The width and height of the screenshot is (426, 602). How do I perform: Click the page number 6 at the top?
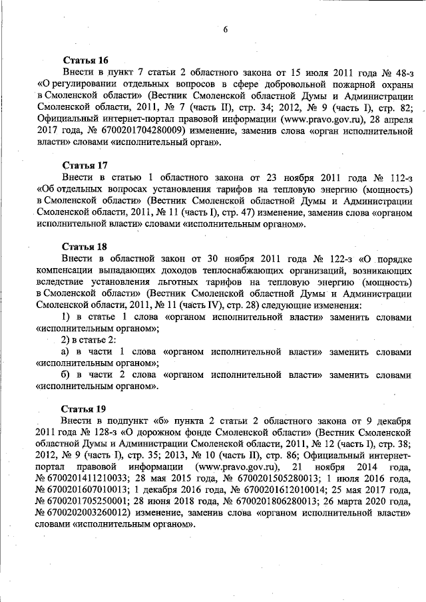(x=226, y=30)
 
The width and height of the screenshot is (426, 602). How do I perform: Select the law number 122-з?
(x=329, y=257)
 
